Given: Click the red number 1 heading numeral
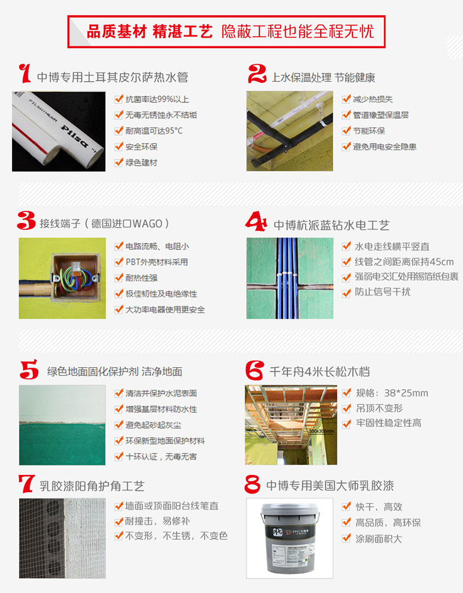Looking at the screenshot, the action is point(25,74).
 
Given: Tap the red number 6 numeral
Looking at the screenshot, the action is point(254,370).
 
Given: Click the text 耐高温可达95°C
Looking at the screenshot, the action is point(154,131).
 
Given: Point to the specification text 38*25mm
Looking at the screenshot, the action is point(406,393).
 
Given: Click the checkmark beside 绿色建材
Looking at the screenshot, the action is point(119,162).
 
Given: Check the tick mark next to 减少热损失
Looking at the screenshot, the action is point(346,99).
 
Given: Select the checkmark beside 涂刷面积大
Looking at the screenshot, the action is point(346,538).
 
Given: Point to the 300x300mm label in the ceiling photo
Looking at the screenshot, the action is point(321,431).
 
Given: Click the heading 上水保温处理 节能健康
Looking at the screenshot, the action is point(324,78).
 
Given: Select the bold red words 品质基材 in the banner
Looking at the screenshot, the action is point(117,32).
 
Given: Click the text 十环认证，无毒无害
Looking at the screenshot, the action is point(161,456).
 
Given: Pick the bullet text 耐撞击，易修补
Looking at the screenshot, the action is point(157,521).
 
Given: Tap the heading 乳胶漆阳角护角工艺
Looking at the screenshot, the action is point(92,486).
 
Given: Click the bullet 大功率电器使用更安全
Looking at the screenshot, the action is point(165,310).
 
